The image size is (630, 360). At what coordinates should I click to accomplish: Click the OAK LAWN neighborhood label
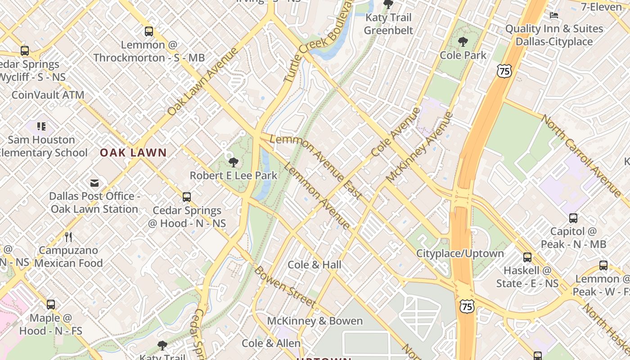133,153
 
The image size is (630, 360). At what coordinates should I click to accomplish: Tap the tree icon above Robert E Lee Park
233,162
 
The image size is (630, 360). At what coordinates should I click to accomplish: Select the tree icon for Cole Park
463,42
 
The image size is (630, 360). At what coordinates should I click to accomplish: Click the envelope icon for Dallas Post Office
94,183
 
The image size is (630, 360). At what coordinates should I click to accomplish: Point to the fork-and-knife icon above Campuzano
68,237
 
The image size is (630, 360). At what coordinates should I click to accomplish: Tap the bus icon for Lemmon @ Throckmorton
149,31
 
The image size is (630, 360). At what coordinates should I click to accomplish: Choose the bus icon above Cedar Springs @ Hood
187,197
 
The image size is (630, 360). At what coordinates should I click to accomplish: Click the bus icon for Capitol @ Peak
573,218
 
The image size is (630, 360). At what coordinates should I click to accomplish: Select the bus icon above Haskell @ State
527,257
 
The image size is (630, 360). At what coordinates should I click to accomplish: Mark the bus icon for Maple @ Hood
51,305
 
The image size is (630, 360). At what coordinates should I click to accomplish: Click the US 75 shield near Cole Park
504,71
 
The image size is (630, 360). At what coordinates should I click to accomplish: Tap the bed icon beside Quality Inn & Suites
554,15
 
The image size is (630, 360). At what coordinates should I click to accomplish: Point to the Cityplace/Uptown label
460,253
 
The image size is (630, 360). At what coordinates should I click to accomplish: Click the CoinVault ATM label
48,95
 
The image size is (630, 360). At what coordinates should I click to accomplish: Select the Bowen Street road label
284,287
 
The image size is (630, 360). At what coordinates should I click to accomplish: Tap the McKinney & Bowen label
315,321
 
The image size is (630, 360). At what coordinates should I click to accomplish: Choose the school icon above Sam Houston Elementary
41,126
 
